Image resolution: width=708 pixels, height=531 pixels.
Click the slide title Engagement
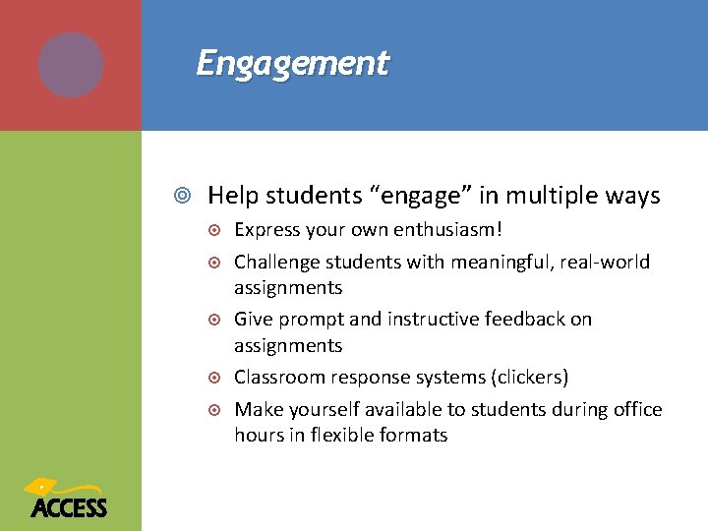(x=292, y=63)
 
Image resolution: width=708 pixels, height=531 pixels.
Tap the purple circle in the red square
(x=71, y=65)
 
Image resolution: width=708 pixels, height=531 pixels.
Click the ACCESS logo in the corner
(x=68, y=499)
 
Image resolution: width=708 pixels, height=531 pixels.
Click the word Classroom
(x=276, y=378)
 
